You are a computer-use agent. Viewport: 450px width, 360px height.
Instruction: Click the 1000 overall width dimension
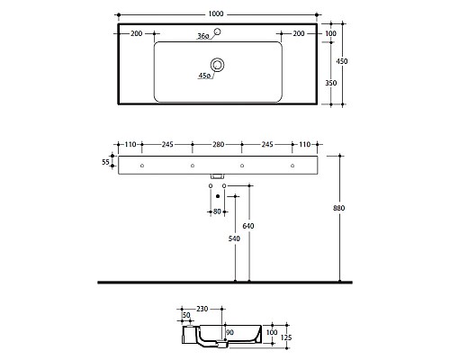(x=217, y=14)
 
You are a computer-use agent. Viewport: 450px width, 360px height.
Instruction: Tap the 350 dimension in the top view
(x=330, y=82)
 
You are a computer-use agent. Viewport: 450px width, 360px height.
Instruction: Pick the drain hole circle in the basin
(x=217, y=64)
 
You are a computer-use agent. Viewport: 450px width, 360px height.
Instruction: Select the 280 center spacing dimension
(x=217, y=145)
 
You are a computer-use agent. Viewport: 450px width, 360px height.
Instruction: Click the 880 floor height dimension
(x=339, y=209)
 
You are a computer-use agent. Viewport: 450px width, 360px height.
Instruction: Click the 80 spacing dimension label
(x=217, y=211)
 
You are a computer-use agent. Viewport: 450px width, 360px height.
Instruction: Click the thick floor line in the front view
(x=225, y=283)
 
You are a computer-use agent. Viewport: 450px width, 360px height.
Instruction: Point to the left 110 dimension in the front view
(x=130, y=145)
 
